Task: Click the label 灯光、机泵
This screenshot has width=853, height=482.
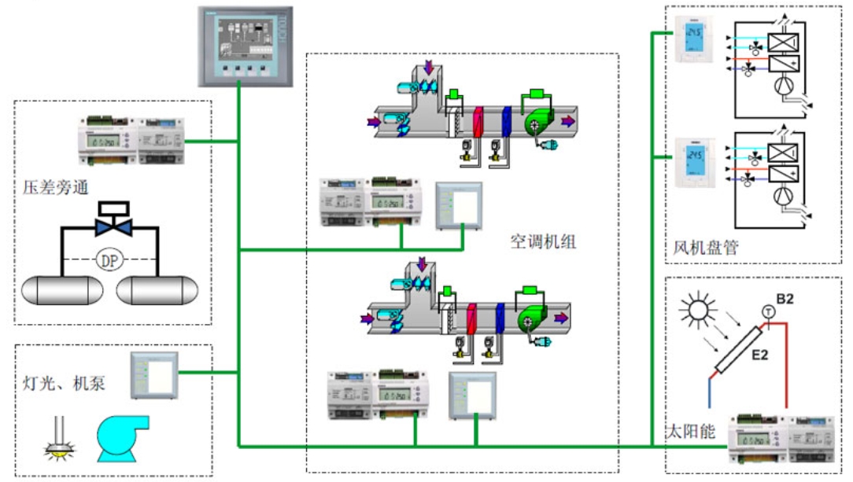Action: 64,384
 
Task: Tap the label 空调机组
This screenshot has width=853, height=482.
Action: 543,242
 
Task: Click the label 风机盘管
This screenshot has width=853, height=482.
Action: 706,249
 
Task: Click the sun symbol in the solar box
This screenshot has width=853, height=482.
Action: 697,310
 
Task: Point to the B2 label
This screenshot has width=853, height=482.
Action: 785,299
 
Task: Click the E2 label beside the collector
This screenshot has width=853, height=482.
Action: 759,355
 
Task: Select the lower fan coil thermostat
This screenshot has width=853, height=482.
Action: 694,162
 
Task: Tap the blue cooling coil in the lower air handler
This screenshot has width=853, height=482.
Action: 500,317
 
